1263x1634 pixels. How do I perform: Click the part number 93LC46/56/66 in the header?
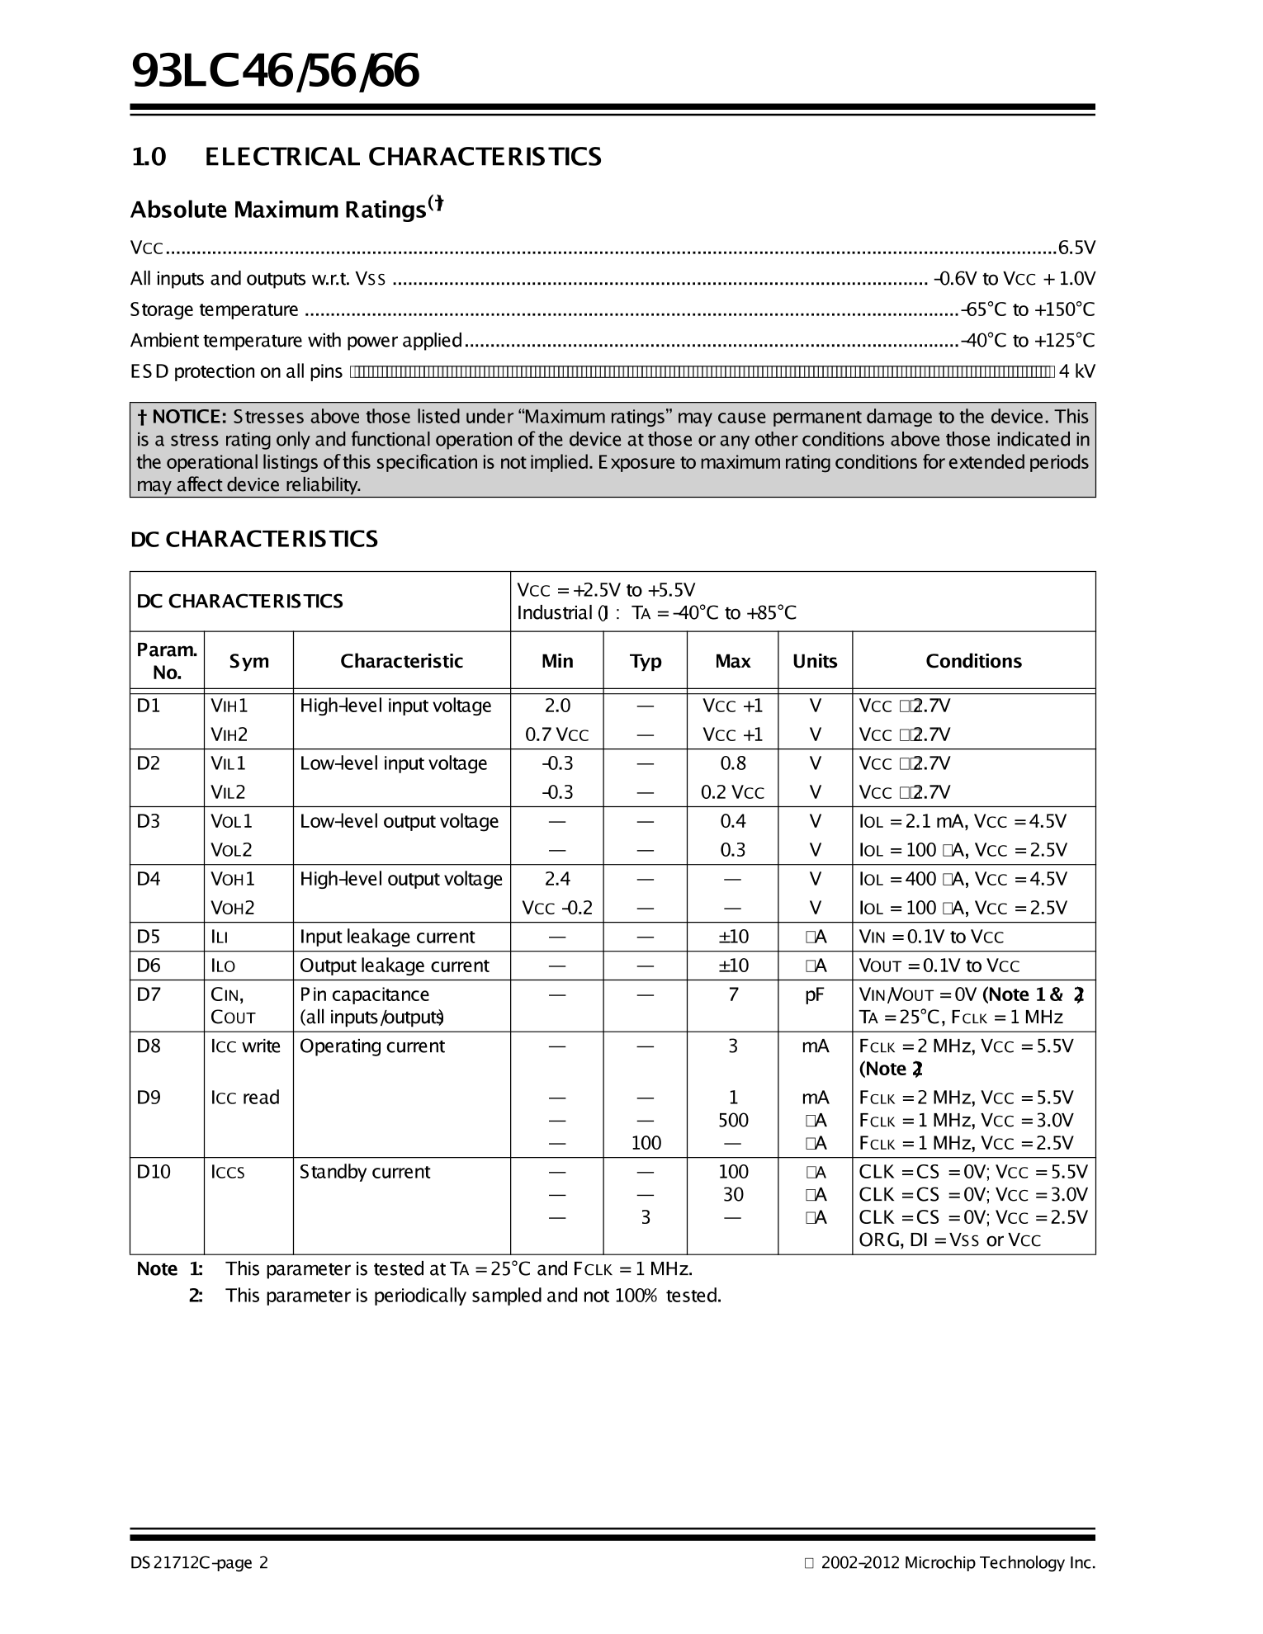276,72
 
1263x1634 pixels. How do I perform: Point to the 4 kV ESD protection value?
1076,371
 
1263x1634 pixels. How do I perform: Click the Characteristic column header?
401,661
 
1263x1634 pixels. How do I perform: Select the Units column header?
814,661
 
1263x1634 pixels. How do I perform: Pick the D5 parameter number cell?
149,937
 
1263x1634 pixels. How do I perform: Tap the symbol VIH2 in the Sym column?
229,734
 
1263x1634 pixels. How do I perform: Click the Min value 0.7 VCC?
557,734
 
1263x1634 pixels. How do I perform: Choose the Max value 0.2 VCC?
732,792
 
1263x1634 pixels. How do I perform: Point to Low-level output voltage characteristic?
399,821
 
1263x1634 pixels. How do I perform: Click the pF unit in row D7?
814,994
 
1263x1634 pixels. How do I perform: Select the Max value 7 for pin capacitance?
732,994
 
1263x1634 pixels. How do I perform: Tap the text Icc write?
245,1046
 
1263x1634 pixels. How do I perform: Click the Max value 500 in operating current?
732,1120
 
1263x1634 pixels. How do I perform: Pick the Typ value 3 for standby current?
646,1217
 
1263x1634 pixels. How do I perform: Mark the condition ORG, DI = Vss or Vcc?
949,1240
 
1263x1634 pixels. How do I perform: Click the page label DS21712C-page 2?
199,1563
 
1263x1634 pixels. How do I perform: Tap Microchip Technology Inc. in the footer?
1000,1563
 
